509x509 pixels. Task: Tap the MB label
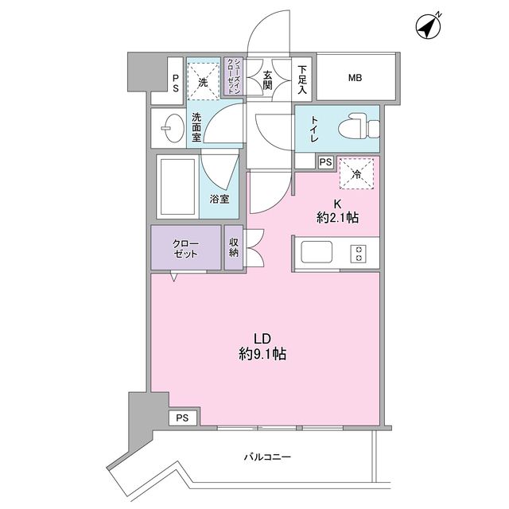click(x=355, y=78)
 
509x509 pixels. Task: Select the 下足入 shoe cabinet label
click(x=304, y=78)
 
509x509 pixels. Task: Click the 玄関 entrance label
click(x=267, y=78)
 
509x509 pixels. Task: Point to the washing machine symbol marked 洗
click(x=203, y=81)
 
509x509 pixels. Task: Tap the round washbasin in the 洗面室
click(x=170, y=126)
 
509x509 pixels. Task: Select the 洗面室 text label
click(x=196, y=126)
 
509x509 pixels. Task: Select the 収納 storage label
click(x=235, y=248)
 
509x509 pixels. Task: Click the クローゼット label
click(x=185, y=248)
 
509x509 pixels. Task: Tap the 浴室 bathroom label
click(x=220, y=200)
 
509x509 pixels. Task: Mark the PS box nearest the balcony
click(x=183, y=418)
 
